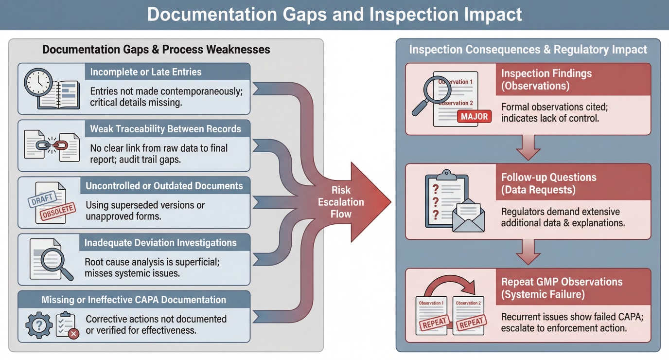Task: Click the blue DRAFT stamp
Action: pyautogui.click(x=43, y=199)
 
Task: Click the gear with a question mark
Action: pyautogui.click(x=39, y=324)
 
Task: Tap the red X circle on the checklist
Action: pyautogui.click(x=73, y=333)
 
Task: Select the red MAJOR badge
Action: pyautogui.click(x=474, y=117)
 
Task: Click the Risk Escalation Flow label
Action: pyautogui.click(x=341, y=202)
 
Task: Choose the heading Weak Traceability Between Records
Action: pyautogui.click(x=165, y=129)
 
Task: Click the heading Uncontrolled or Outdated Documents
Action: pyautogui.click(x=164, y=186)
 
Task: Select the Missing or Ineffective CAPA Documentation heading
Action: pyautogui.click(x=134, y=300)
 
